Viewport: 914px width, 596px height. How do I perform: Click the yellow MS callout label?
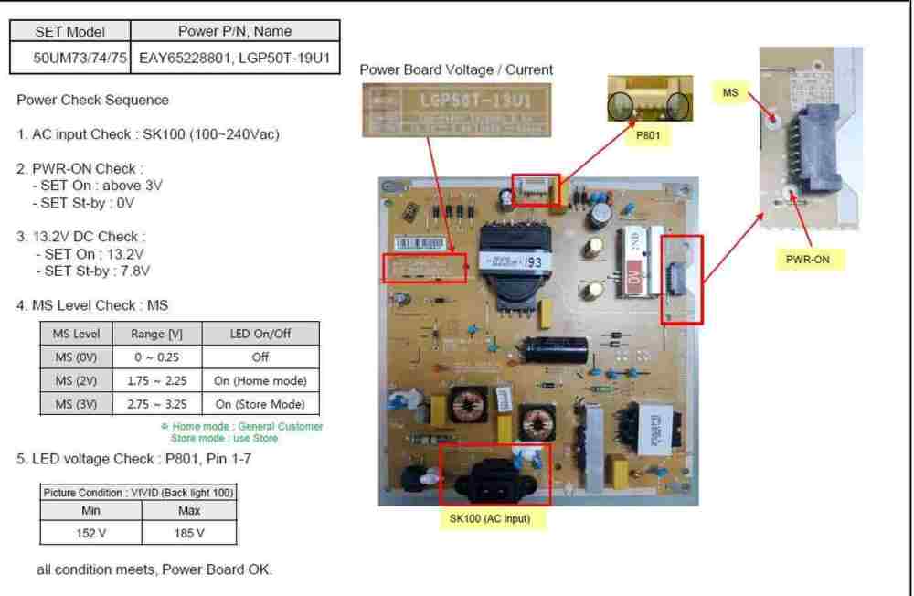(x=730, y=91)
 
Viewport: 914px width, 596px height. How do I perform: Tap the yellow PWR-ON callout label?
(x=809, y=260)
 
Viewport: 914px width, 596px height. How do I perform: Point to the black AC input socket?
(x=494, y=475)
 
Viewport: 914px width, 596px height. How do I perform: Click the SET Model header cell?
(x=70, y=32)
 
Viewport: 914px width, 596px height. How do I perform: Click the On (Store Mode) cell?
(x=260, y=404)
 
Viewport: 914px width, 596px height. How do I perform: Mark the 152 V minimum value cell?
(x=90, y=533)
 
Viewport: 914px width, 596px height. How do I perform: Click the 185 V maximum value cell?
(x=189, y=533)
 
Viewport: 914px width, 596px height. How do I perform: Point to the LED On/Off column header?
(x=260, y=334)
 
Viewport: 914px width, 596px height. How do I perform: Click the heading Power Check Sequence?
(x=92, y=100)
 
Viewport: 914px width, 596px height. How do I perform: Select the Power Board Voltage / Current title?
(x=456, y=69)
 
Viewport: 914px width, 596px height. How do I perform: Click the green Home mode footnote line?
(x=241, y=426)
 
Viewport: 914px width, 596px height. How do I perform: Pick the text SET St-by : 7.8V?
(x=92, y=271)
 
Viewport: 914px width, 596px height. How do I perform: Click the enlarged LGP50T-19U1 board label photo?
(x=455, y=110)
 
